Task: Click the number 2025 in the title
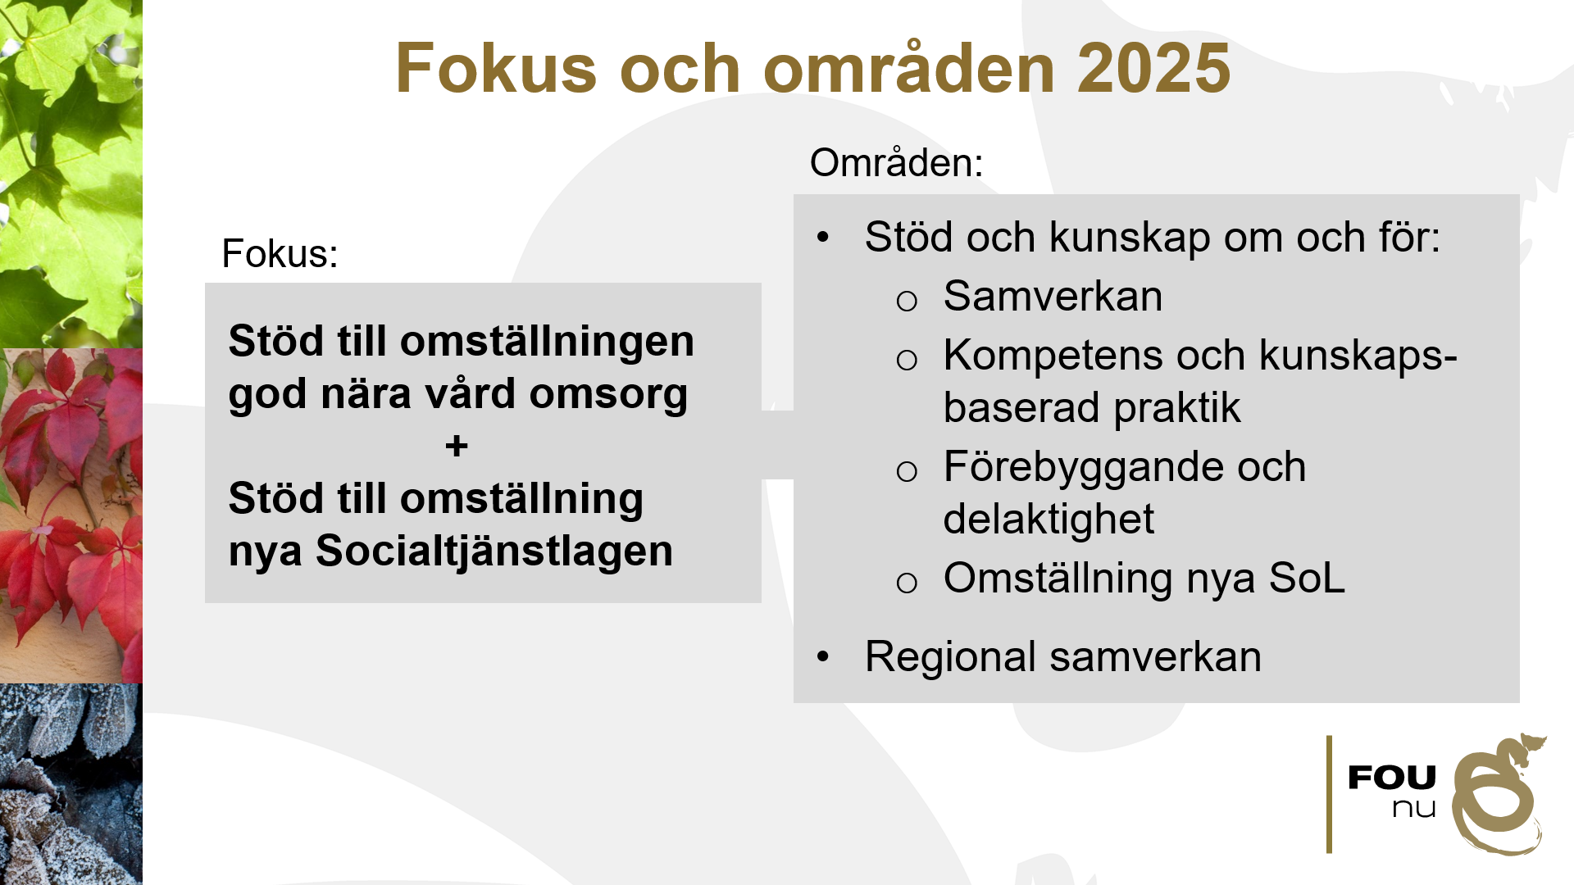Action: tap(1153, 69)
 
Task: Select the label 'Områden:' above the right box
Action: tap(896, 162)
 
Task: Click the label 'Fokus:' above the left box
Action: tap(280, 253)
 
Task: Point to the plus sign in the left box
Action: tap(457, 447)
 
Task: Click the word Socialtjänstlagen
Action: tap(494, 551)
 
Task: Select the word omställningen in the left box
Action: tap(547, 342)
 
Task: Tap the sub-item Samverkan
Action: tap(1053, 296)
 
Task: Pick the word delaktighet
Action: tap(1049, 520)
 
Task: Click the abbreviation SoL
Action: tap(1307, 579)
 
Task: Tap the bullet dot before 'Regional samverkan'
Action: tap(823, 656)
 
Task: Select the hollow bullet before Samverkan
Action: tap(907, 302)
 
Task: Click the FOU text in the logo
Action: tap(1392, 778)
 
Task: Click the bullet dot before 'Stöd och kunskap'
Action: tap(823, 238)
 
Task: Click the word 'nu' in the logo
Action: tap(1414, 809)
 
